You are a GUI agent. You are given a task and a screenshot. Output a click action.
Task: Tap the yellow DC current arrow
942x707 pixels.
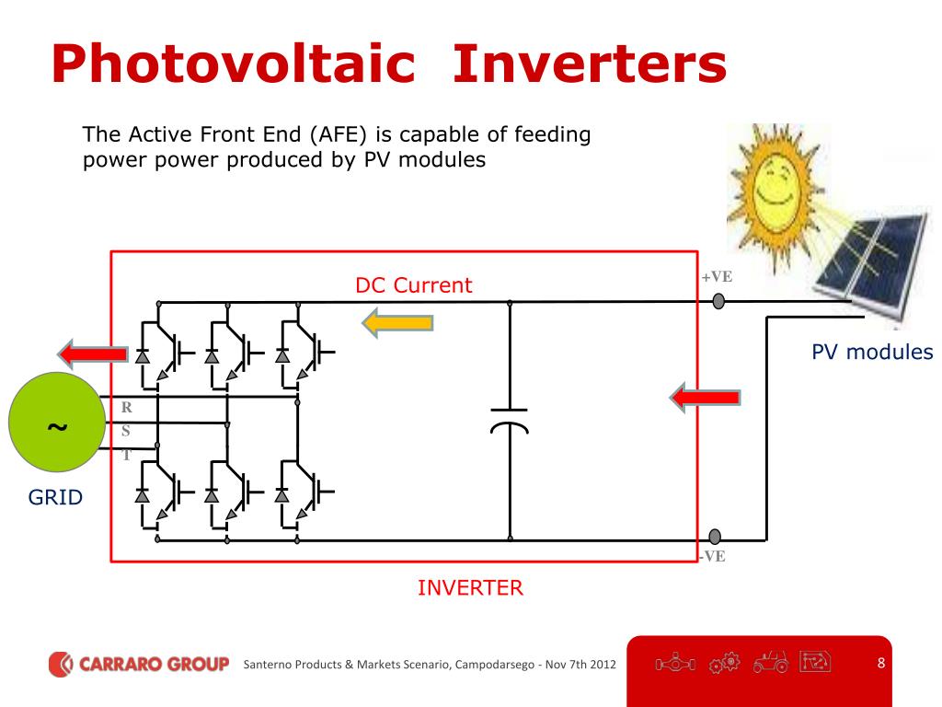click(x=396, y=322)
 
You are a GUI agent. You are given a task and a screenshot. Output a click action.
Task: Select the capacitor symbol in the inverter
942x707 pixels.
click(x=509, y=419)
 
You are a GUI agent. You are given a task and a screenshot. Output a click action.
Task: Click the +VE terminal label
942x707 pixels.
click(x=718, y=276)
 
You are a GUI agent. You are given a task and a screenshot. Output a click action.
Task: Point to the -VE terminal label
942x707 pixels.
click(x=713, y=556)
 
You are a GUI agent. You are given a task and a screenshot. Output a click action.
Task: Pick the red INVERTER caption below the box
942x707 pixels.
click(x=470, y=588)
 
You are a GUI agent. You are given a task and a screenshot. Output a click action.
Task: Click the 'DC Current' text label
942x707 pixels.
click(x=413, y=285)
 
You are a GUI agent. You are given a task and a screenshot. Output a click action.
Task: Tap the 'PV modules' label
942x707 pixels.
click(x=872, y=352)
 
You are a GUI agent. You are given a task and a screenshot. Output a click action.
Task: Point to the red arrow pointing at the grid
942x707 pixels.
click(x=92, y=353)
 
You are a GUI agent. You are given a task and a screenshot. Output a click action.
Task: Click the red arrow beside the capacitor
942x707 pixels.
click(x=704, y=398)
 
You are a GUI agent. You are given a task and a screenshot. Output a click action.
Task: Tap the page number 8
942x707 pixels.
click(x=880, y=663)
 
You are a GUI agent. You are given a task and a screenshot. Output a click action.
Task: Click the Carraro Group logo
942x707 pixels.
click(x=138, y=664)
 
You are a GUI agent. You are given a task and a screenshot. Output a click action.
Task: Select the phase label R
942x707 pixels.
click(x=127, y=408)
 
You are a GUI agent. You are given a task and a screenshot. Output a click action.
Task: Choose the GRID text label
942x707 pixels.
click(x=55, y=498)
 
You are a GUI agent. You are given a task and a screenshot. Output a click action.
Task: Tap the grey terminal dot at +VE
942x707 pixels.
click(x=718, y=301)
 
